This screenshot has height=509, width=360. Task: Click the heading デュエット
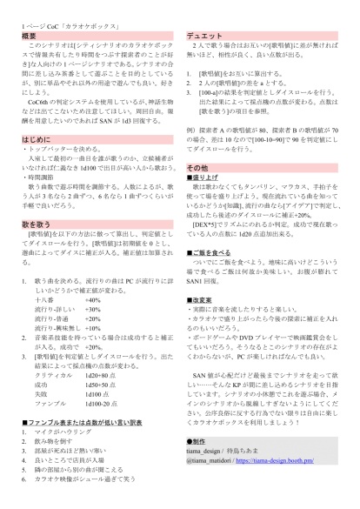(206, 35)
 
